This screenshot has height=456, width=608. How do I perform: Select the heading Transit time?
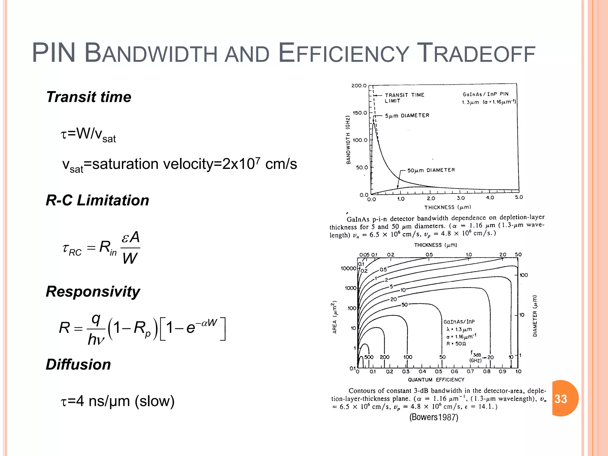[88, 97]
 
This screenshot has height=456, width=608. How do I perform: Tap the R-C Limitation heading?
[97, 200]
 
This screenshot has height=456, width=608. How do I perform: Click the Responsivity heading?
[93, 292]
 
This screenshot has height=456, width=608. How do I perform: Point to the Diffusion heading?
[78, 365]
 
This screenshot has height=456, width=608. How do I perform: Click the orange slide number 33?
[561, 399]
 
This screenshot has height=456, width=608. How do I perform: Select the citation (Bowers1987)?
[434, 417]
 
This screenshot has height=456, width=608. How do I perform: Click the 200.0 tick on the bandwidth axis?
[359, 86]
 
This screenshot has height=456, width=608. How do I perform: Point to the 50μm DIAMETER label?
[431, 170]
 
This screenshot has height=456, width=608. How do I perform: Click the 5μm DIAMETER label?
[407, 115]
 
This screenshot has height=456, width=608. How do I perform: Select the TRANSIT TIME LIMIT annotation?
[404, 98]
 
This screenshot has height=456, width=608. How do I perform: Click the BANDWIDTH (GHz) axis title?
[348, 140]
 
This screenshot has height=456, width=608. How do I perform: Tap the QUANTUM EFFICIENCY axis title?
[436, 380]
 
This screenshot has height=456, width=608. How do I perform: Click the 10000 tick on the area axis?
[348, 269]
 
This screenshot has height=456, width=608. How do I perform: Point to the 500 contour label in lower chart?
[369, 357]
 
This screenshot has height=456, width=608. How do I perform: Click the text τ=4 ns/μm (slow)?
[118, 401]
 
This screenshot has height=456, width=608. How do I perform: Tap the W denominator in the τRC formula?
[130, 258]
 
